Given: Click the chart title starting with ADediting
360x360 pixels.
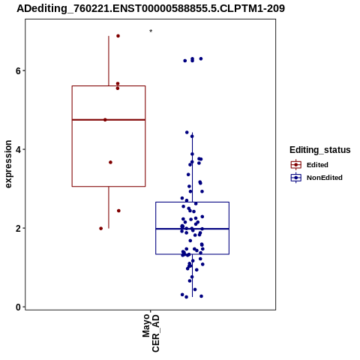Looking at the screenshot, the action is tap(151, 8).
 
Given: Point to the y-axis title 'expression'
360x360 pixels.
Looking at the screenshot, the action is tap(8, 164).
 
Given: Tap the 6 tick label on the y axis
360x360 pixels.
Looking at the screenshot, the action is tap(18, 70).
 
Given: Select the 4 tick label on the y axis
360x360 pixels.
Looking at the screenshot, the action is tap(18, 149).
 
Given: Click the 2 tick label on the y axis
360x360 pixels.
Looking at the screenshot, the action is tap(18, 228).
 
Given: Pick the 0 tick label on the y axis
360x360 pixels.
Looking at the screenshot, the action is tap(18, 307).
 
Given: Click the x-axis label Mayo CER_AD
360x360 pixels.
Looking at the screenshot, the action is tap(151, 333).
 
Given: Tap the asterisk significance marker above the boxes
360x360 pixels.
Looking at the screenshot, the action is tap(151, 31).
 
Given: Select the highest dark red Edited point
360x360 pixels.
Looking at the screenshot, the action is tap(118, 36).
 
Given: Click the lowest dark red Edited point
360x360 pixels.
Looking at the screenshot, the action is tap(100, 228).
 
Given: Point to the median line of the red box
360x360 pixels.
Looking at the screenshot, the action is tap(109, 120).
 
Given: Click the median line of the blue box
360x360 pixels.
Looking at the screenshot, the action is tap(192, 229).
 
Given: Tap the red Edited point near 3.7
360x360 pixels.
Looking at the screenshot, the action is tap(110, 162).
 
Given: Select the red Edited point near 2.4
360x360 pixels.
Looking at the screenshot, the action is tap(118, 211).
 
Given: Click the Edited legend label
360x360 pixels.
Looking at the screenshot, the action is tap(317, 165).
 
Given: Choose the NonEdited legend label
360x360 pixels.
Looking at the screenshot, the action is tap(325, 178).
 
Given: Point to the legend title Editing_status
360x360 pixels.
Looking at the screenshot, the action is tap(320, 150).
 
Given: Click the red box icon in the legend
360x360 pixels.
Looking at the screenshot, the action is tap(296, 165).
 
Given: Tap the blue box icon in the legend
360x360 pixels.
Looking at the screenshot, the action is tap(296, 178).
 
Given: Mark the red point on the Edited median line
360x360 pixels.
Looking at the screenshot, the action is tap(105, 120).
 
